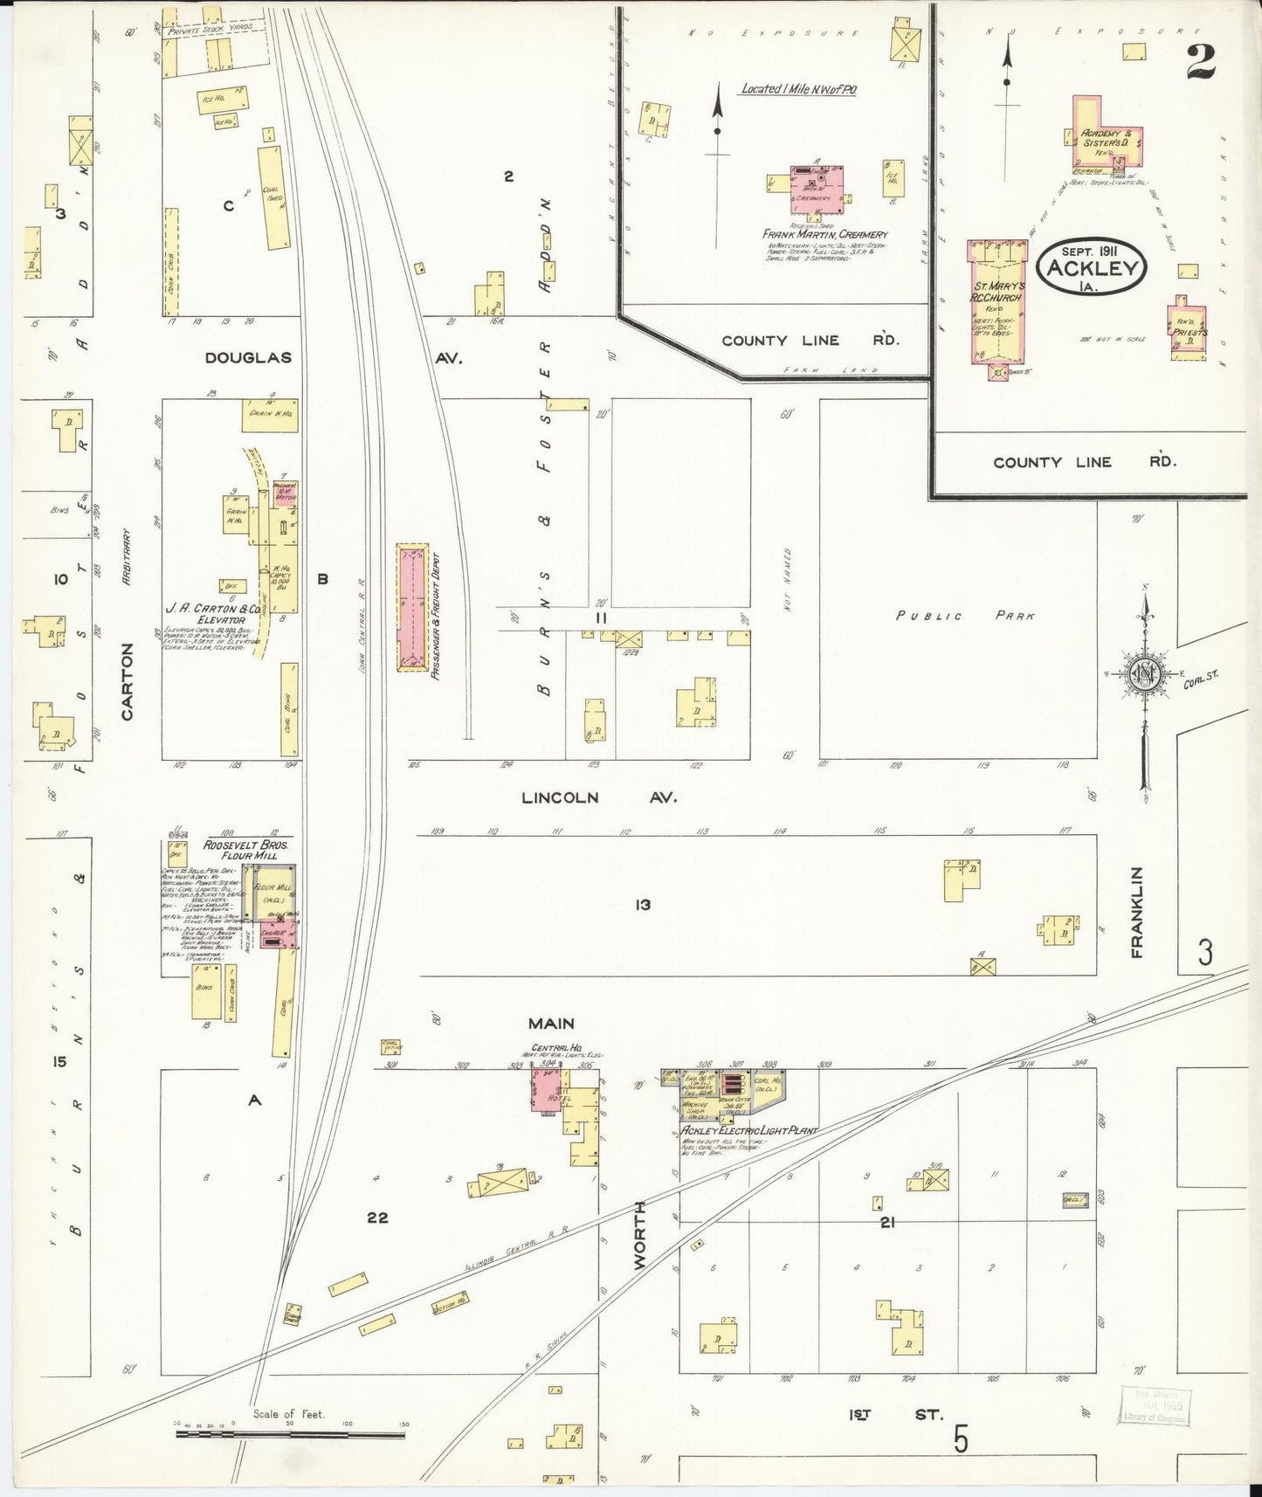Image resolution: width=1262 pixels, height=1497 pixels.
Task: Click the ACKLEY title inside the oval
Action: pyautogui.click(x=1092, y=268)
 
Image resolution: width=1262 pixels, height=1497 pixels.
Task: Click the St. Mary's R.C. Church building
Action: pyautogui.click(x=996, y=301)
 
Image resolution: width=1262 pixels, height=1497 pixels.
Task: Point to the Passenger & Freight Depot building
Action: pyautogui.click(x=413, y=607)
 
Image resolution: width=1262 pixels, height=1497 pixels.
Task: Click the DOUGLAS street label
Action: pyautogui.click(x=248, y=357)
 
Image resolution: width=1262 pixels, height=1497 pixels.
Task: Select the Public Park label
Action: pyautogui.click(x=965, y=616)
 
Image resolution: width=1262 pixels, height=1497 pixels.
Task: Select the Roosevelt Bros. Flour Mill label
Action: pyautogui.click(x=245, y=850)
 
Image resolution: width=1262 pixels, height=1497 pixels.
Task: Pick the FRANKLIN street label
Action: pyautogui.click(x=1136, y=912)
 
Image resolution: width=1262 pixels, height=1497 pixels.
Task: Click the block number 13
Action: pyautogui.click(x=643, y=905)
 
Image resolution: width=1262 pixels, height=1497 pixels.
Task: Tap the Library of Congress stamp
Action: pyautogui.click(x=1155, y=1405)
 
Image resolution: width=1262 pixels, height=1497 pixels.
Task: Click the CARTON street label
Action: pyautogui.click(x=128, y=681)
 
